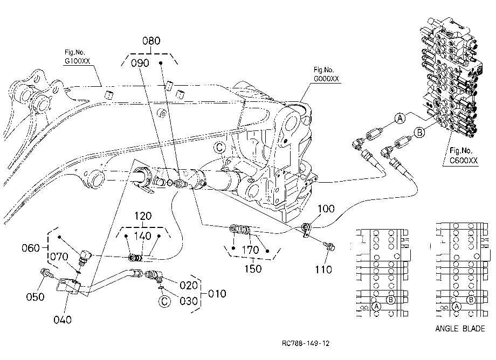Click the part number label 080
point(151,41)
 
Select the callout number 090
point(140,63)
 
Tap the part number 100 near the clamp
point(326,209)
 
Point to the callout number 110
point(323,269)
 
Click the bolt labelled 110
point(329,246)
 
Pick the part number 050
point(35,297)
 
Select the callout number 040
point(63,320)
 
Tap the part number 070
point(59,257)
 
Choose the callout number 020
point(189,286)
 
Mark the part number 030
point(189,301)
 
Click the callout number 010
point(217,294)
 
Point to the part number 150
point(253,269)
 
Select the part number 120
point(143,216)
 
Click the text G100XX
point(78,61)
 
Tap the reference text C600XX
point(464,160)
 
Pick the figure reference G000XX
point(326,79)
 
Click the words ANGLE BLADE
point(460,329)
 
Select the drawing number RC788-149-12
point(306,343)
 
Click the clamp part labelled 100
point(306,230)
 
